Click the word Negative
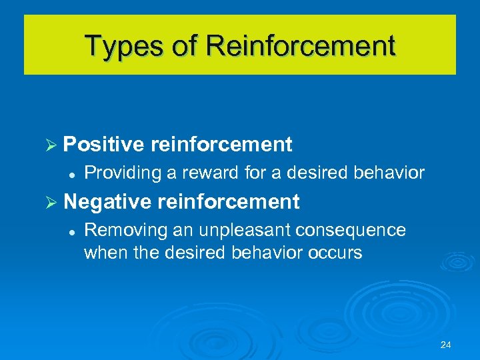[x=108, y=201]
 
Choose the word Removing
[x=125, y=230]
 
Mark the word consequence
[x=351, y=230]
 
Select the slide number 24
[x=446, y=345]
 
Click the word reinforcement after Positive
[x=221, y=144]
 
